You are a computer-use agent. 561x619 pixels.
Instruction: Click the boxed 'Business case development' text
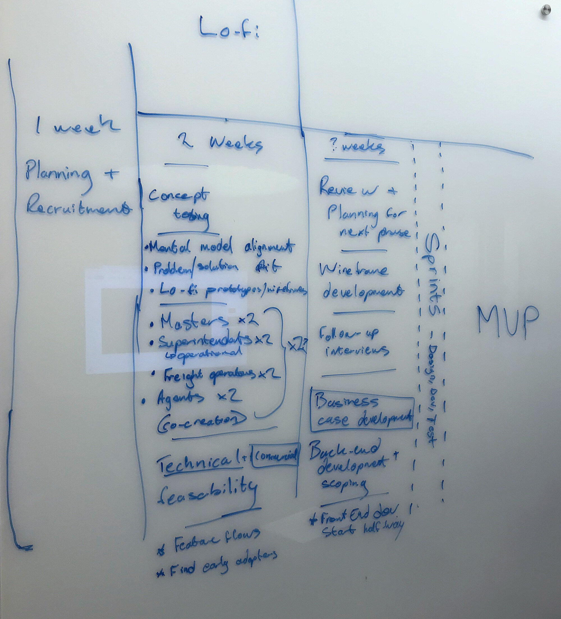tap(362, 411)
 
